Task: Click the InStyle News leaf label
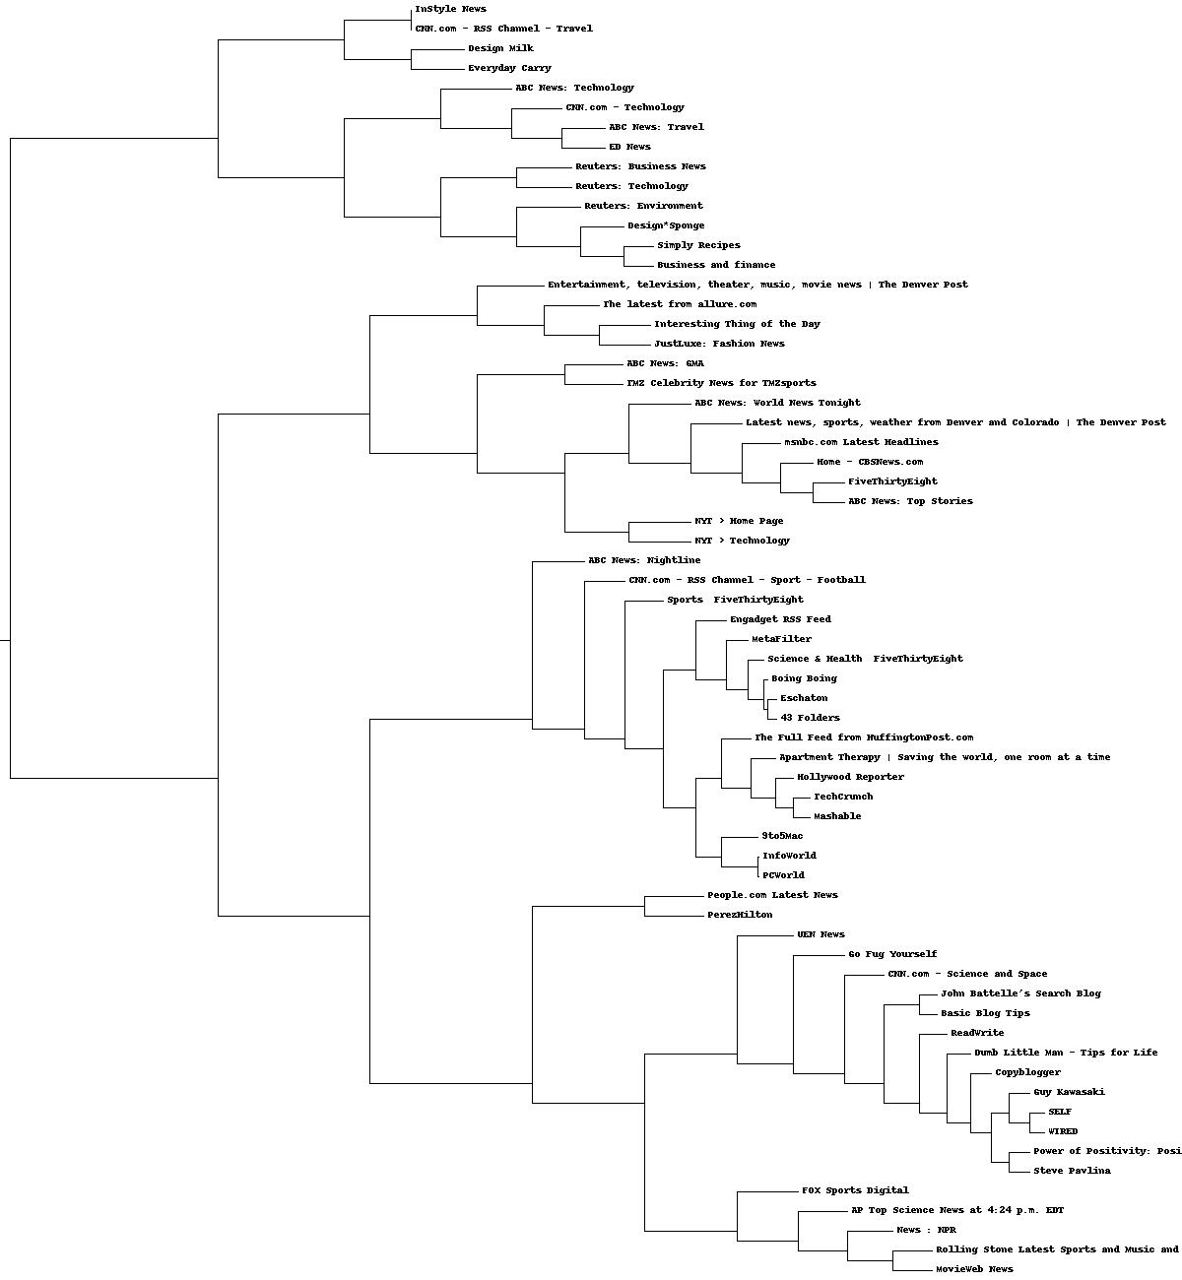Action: click(450, 9)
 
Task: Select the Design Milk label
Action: click(500, 48)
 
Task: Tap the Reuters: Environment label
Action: click(643, 206)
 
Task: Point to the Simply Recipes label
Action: click(698, 245)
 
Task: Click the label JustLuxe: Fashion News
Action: click(719, 344)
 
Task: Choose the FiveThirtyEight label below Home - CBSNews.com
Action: click(892, 481)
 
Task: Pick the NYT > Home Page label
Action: click(739, 521)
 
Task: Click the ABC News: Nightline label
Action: click(644, 560)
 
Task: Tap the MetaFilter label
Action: click(781, 639)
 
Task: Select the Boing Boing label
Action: click(804, 678)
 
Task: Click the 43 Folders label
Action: click(810, 718)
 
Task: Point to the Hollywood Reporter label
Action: click(850, 777)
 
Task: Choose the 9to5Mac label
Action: click(782, 836)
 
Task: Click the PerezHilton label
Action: click(740, 915)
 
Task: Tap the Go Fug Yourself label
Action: click(892, 954)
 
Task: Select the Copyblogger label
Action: click(1027, 1072)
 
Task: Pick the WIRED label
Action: click(1063, 1131)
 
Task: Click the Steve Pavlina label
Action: click(1072, 1171)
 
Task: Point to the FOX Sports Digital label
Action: click(855, 1190)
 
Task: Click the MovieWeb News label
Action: click(974, 1269)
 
